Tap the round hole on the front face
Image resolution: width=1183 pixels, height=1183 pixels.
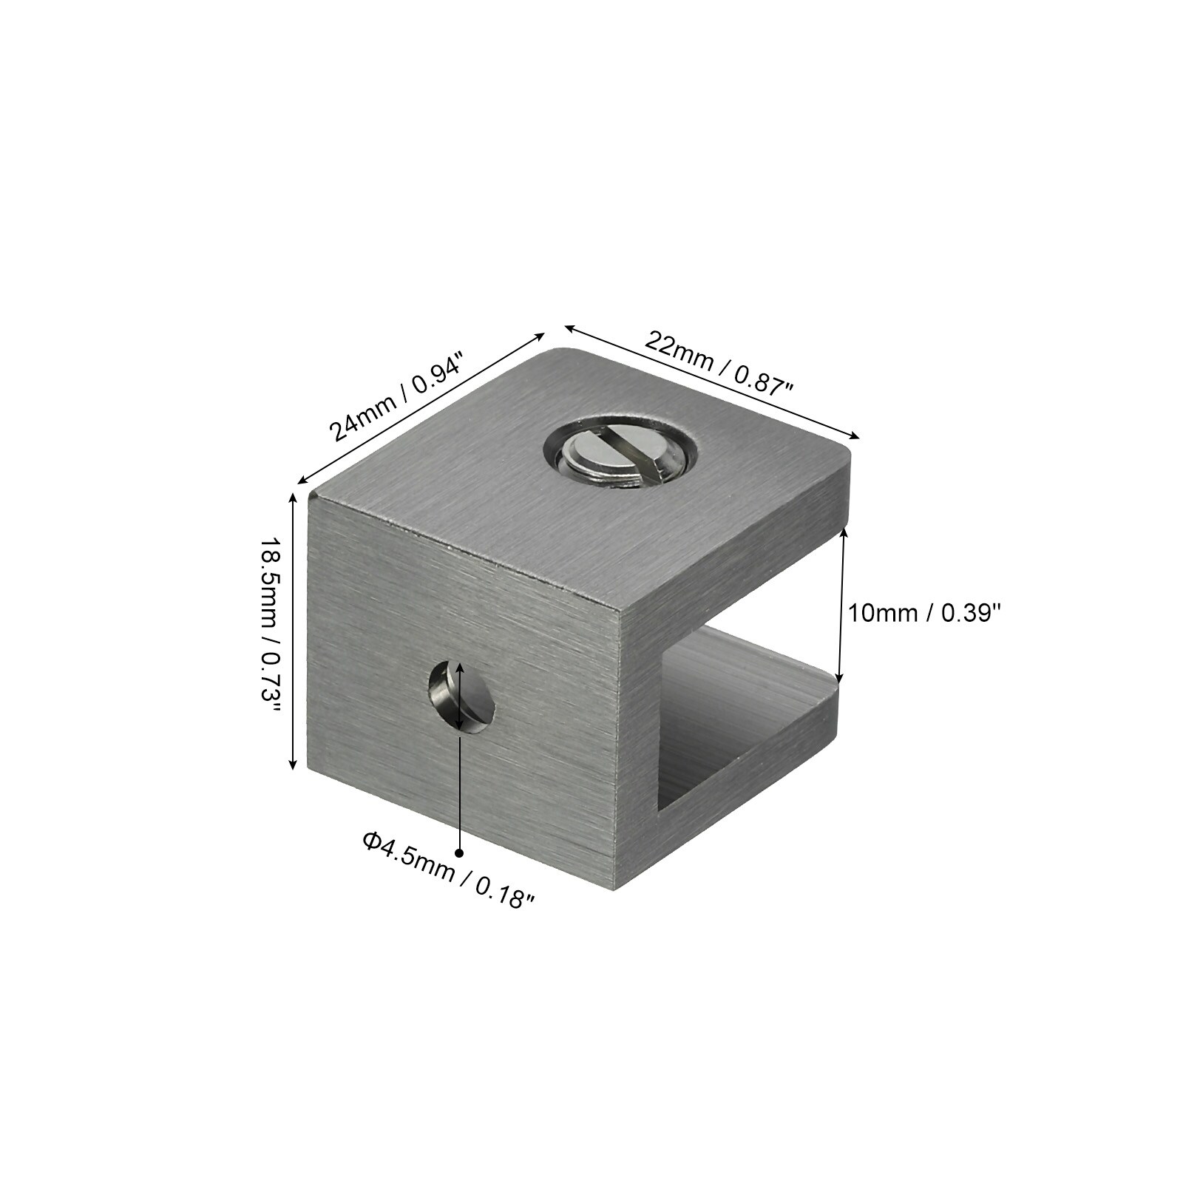coord(462,696)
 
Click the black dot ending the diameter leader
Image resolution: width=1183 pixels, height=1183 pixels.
coord(460,852)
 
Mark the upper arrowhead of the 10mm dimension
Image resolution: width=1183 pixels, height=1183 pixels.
coord(844,532)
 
